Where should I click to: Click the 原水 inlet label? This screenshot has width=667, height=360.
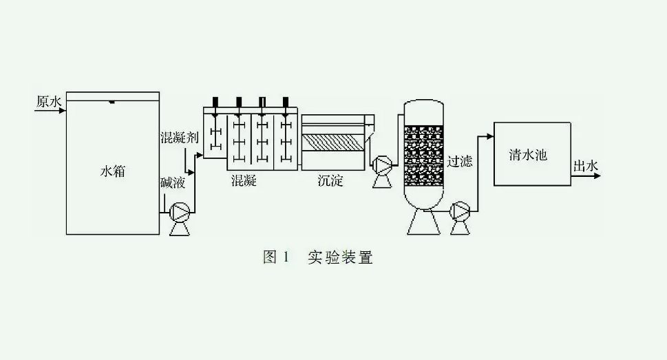click(x=49, y=102)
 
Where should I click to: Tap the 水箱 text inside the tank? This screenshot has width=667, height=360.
click(x=113, y=171)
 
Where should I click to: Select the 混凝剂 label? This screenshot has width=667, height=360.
click(x=179, y=137)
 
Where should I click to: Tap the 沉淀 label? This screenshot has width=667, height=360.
click(x=330, y=182)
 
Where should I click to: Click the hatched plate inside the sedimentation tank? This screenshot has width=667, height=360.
click(x=334, y=144)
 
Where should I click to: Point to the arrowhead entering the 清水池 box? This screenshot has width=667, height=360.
click(x=490, y=137)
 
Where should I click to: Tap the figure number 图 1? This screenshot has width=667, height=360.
click(x=276, y=258)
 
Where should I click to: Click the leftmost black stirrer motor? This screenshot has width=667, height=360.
click(x=215, y=101)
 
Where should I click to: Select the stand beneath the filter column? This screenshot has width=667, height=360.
click(x=422, y=221)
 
